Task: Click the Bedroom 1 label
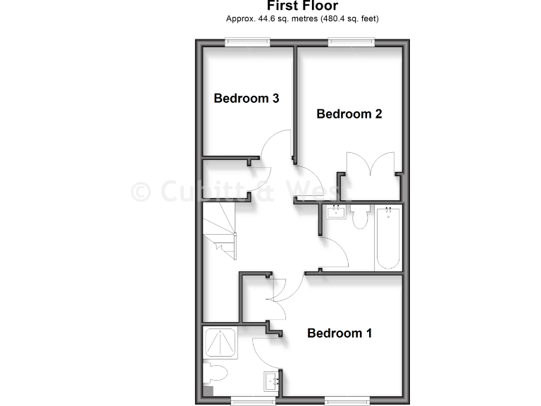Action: point(340,333)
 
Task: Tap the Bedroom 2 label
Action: point(349,113)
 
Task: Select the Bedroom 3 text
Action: point(247,98)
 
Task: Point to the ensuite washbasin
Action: point(271,381)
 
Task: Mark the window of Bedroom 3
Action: point(247,43)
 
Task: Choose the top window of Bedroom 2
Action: point(350,43)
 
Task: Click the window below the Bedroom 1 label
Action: point(349,400)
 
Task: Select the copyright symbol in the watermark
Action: point(142,191)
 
